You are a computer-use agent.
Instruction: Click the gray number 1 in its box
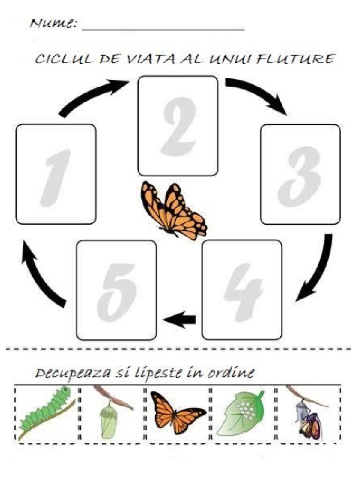pyautogui.click(x=56, y=178)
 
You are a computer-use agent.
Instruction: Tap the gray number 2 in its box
pyautogui.click(x=179, y=126)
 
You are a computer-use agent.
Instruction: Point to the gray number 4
pyautogui.click(x=244, y=292)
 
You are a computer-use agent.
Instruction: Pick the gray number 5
pyautogui.click(x=117, y=292)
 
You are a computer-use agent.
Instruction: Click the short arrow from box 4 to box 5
pyautogui.click(x=180, y=320)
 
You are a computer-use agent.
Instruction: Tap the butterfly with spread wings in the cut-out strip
pyautogui.click(x=178, y=412)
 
